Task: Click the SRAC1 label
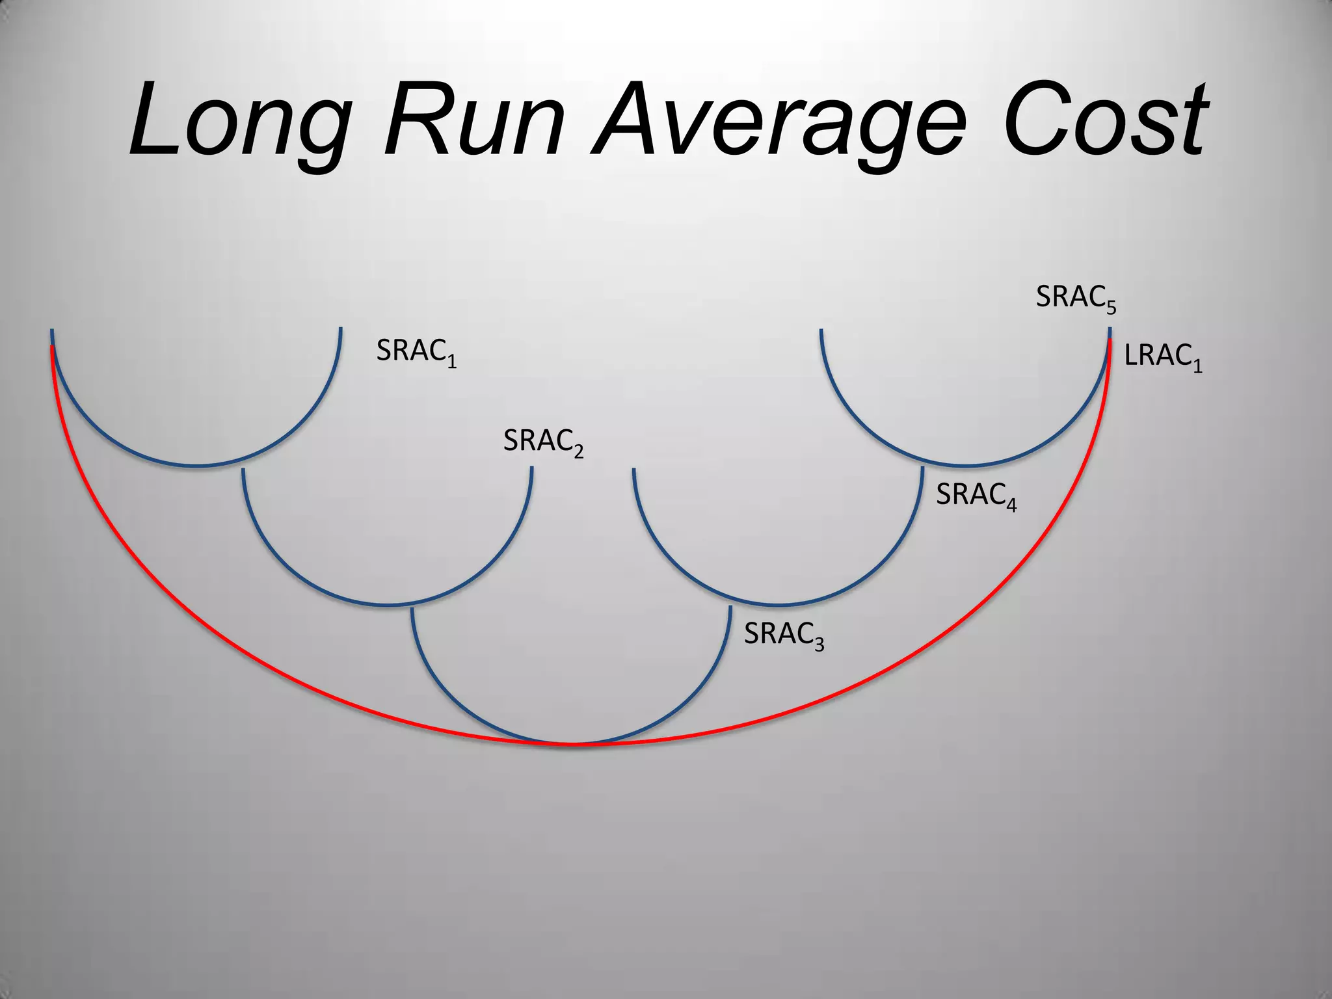pyautogui.click(x=416, y=352)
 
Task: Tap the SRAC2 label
pyautogui.click(x=543, y=442)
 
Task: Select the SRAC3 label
pyautogui.click(x=784, y=635)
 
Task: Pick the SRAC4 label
pyautogui.click(x=976, y=496)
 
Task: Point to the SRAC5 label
pyautogui.click(x=1076, y=299)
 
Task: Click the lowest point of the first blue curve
pyautogui.click(x=196, y=466)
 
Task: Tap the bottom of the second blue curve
pyautogui.click(x=388, y=605)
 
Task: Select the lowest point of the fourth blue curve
pyautogui.click(x=778, y=605)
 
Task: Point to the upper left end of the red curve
pyautogui.click(x=52, y=347)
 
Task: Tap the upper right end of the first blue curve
pyautogui.click(x=340, y=329)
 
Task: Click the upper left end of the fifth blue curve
pyautogui.click(x=821, y=330)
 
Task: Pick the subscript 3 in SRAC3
pyautogui.click(x=819, y=644)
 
